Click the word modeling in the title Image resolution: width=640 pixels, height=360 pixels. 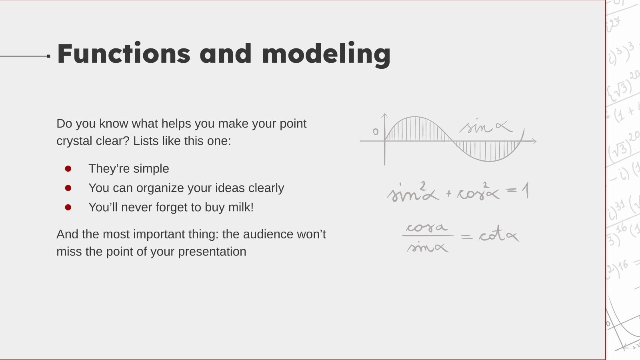326,54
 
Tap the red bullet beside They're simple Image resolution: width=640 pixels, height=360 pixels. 68,169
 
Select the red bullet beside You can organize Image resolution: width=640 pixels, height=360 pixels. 68,188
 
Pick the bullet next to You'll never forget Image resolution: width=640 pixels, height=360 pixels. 68,207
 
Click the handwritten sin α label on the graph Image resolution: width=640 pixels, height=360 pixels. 485,127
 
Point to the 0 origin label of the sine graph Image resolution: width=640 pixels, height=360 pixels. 375,132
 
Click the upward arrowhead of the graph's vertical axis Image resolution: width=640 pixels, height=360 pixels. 384,116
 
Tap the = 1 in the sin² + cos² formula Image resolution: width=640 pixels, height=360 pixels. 518,191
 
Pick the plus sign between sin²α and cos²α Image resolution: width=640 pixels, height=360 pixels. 448,194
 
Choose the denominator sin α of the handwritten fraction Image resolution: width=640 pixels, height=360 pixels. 427,247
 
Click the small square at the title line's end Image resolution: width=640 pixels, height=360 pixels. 48,56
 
